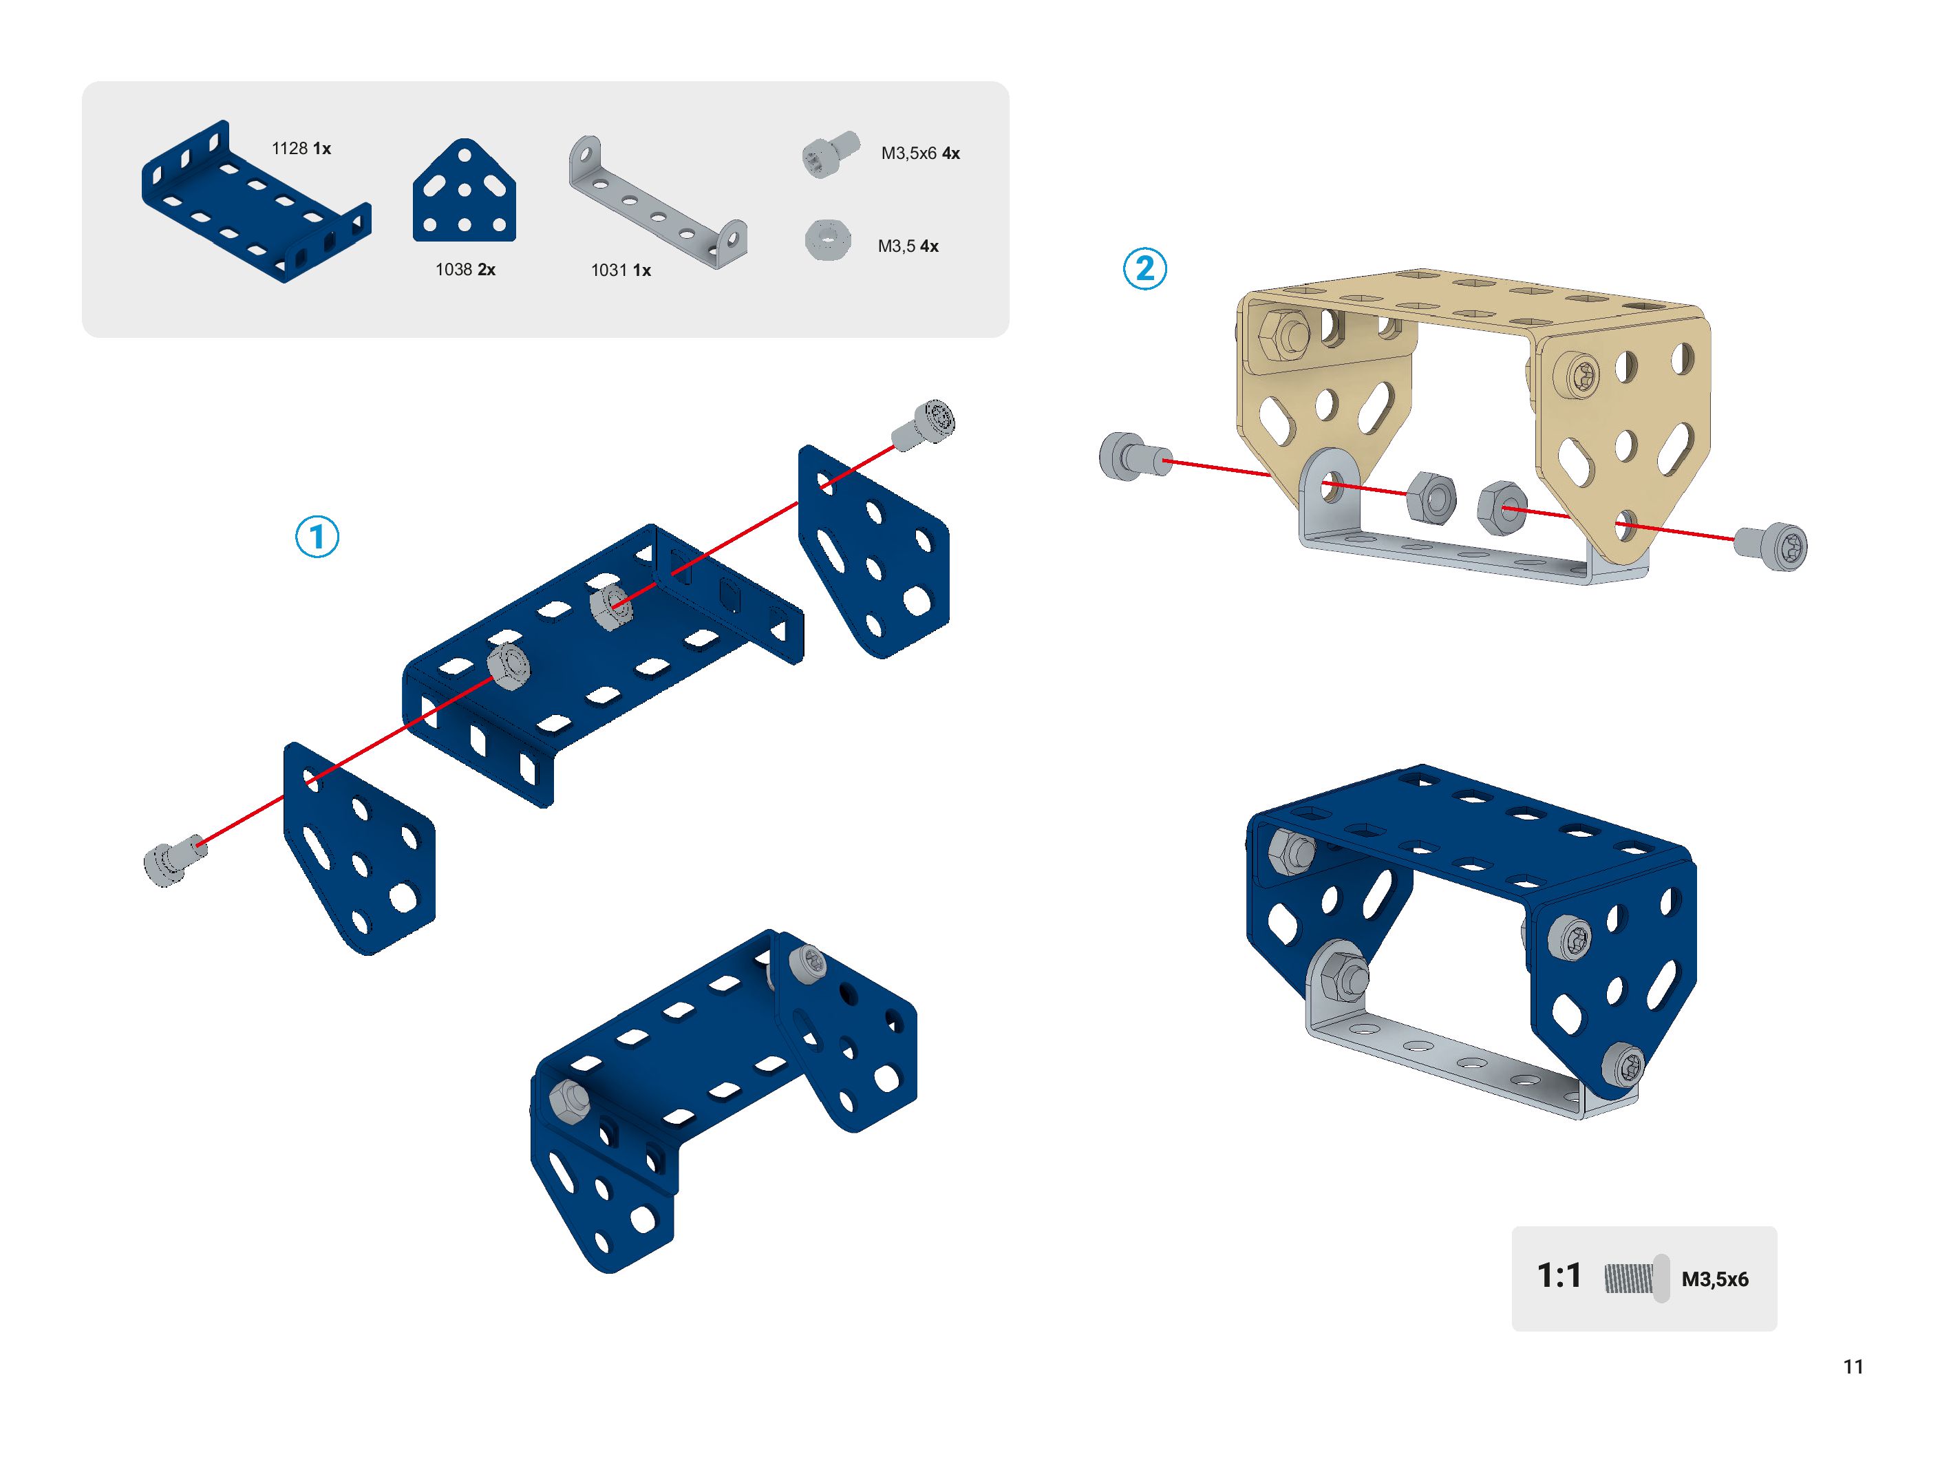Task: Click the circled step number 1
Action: click(x=317, y=536)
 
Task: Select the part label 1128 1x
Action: click(x=301, y=148)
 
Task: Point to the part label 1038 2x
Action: click(x=465, y=269)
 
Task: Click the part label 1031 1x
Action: click(x=620, y=270)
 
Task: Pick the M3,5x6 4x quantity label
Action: click(x=920, y=153)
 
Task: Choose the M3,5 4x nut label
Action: click(x=908, y=246)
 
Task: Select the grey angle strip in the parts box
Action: click(x=657, y=204)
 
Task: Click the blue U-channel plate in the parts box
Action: click(x=256, y=202)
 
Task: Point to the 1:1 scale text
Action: click(x=1559, y=1275)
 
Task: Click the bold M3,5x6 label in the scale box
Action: click(x=1715, y=1279)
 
